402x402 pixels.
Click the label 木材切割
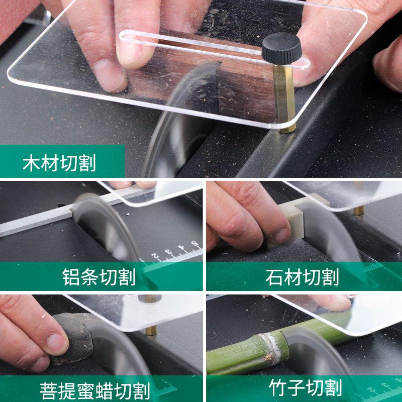coord(59,163)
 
